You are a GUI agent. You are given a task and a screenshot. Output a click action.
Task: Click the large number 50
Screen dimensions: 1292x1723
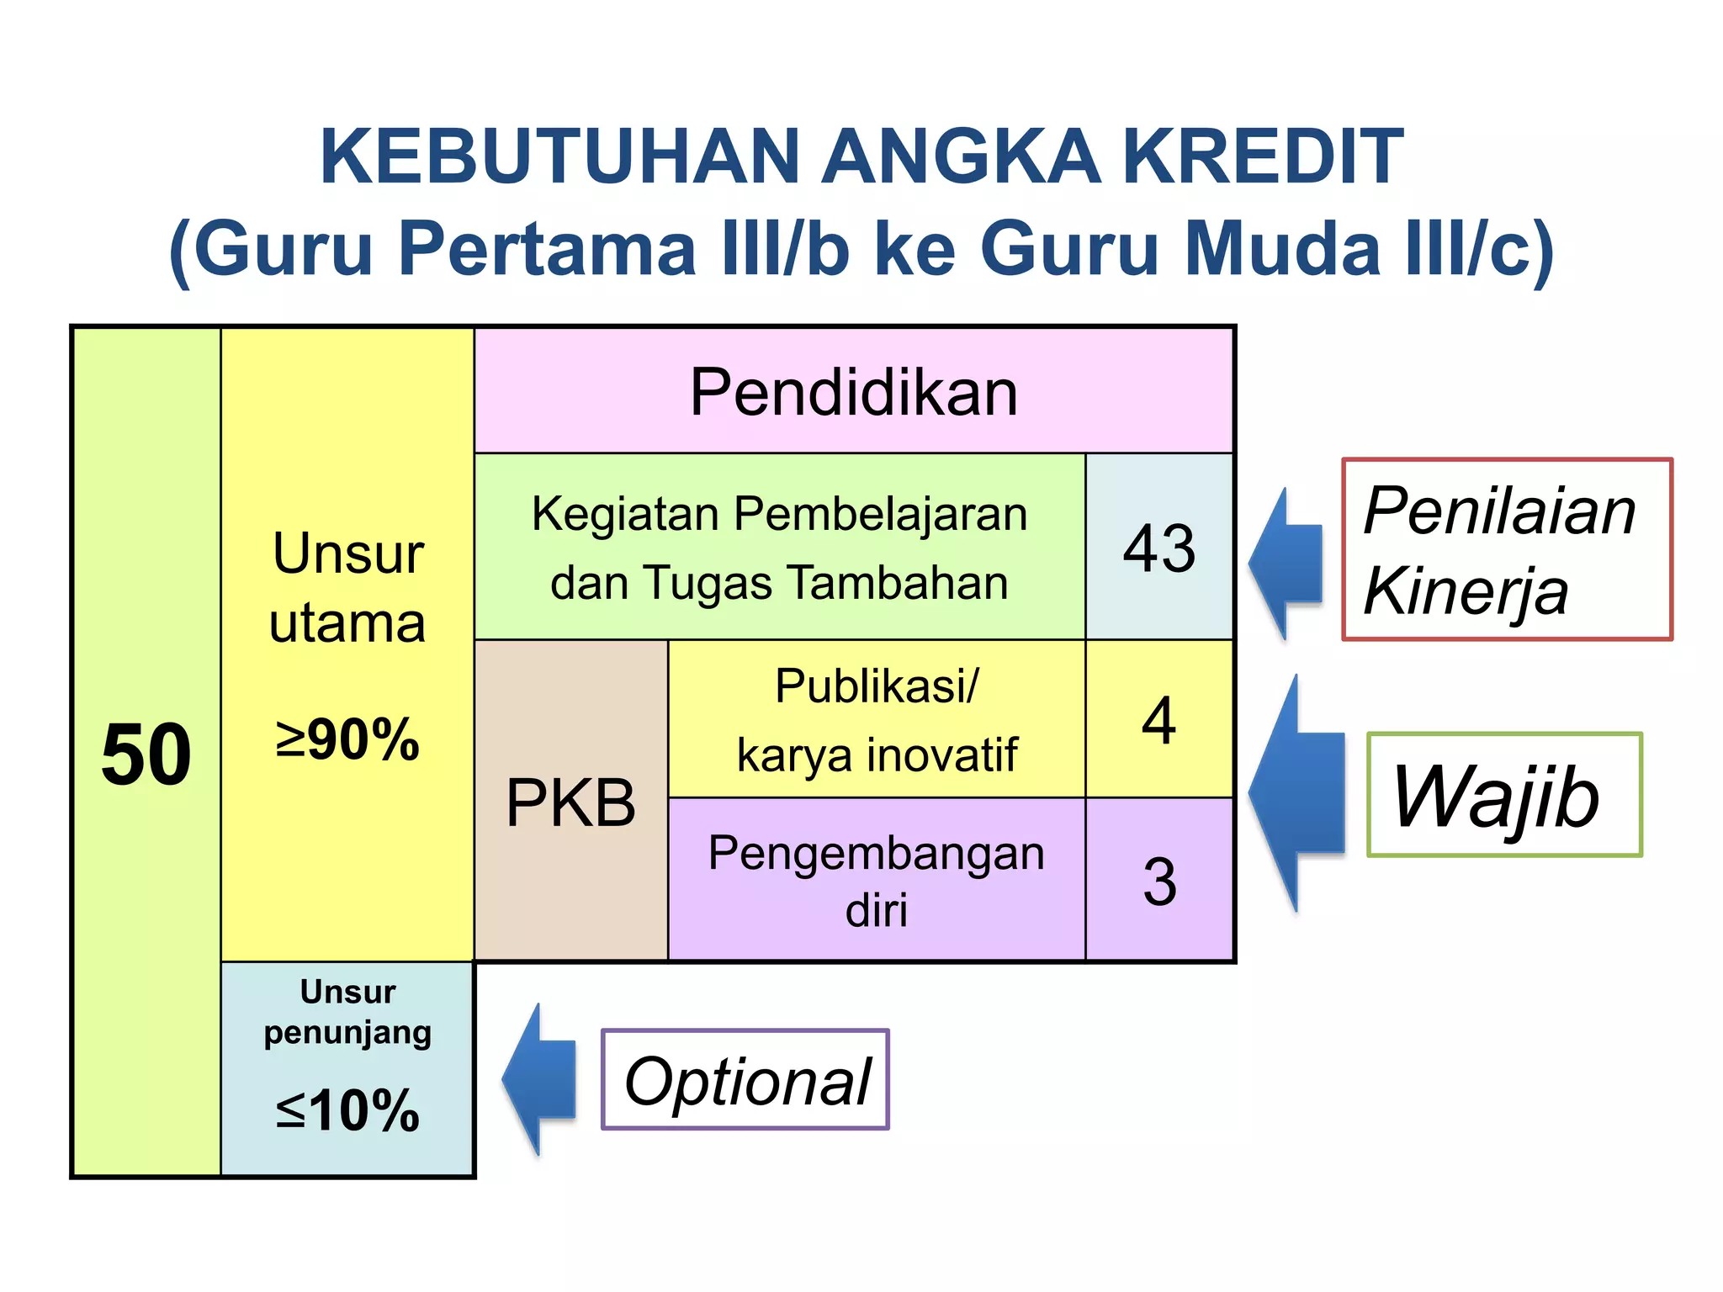(x=146, y=755)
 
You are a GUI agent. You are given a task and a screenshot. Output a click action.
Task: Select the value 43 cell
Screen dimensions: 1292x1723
(x=1159, y=548)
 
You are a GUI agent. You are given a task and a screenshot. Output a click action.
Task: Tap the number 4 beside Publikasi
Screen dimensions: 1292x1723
(x=1159, y=720)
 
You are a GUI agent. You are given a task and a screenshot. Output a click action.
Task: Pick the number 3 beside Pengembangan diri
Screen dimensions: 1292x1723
(x=1159, y=882)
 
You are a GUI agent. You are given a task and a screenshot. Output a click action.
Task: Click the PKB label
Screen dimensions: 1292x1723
(x=570, y=802)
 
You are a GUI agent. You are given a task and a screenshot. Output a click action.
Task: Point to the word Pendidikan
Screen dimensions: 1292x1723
(x=853, y=392)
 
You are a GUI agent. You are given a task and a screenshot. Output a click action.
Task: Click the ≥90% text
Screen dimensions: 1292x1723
(x=347, y=740)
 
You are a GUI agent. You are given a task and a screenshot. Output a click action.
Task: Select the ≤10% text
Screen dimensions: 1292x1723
(x=347, y=1110)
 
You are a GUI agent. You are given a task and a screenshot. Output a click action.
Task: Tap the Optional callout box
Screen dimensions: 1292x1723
(x=745, y=1080)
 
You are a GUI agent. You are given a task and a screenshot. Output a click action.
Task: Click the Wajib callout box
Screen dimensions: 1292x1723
(x=1504, y=796)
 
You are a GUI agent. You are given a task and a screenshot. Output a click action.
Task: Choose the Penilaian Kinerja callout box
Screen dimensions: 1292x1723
(x=1506, y=550)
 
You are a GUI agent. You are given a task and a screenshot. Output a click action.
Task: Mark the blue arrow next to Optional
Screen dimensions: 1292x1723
(x=538, y=1079)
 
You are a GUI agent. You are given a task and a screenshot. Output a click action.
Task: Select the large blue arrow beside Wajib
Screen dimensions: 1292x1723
(x=1297, y=792)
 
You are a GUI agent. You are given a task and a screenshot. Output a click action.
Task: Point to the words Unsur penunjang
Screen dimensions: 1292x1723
(x=347, y=1012)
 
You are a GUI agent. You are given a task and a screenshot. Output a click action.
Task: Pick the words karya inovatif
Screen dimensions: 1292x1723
(x=877, y=755)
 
